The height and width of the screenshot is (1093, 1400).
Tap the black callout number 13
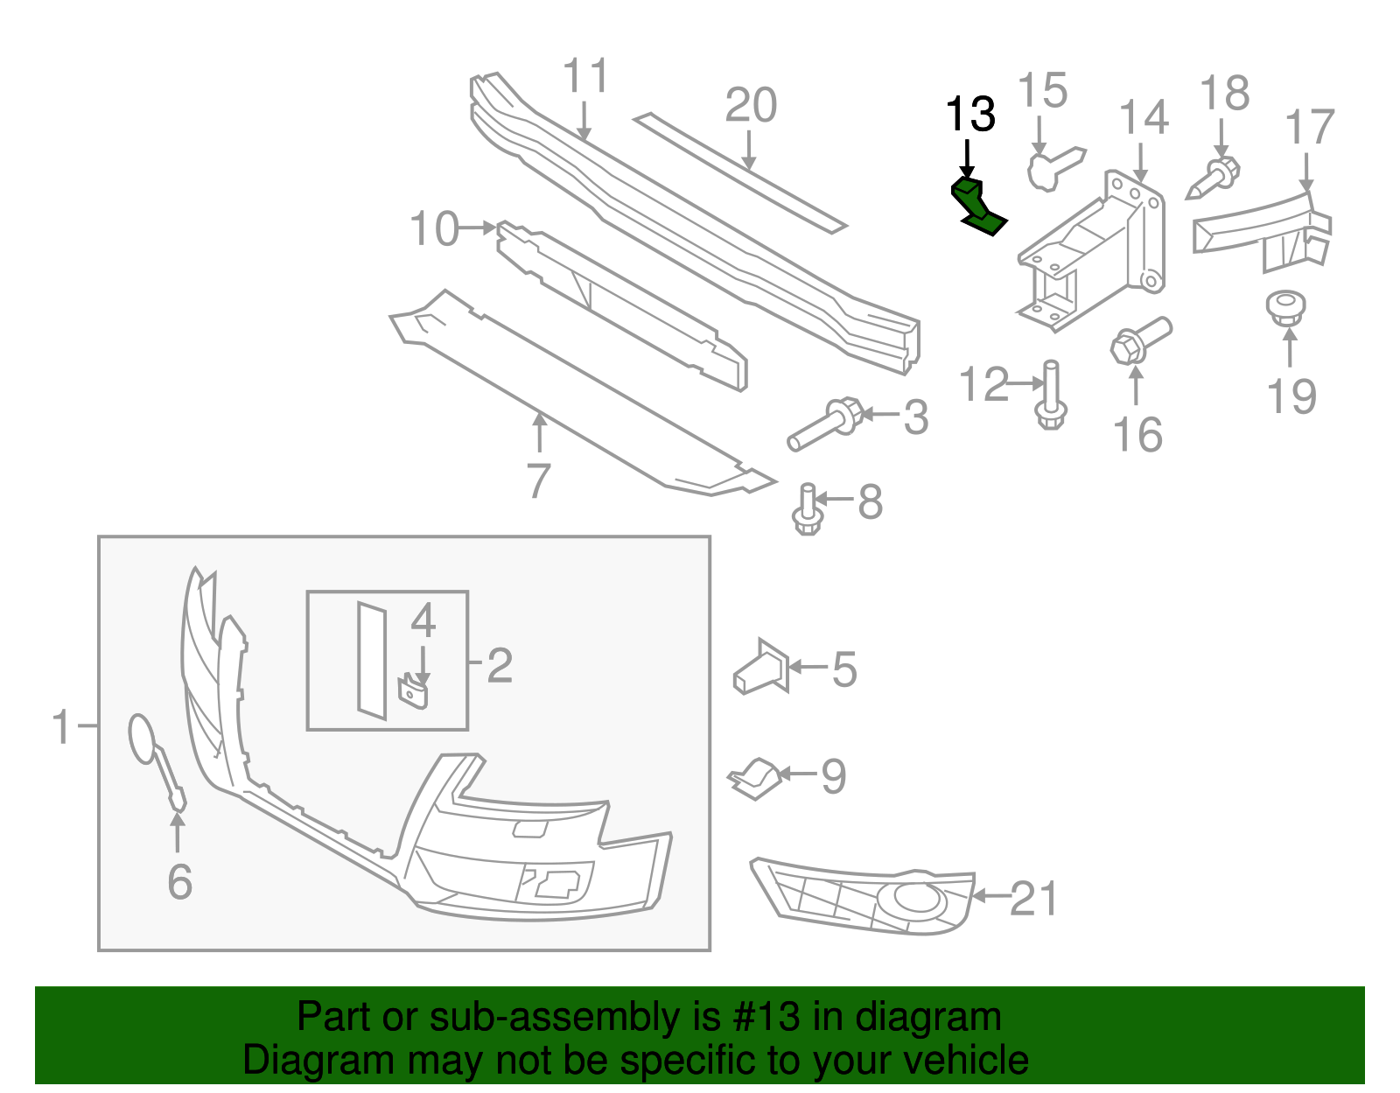pos(970,115)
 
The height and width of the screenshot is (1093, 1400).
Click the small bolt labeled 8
pos(807,510)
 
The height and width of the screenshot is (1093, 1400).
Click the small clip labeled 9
pos(755,777)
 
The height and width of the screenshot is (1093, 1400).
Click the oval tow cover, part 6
pos(143,738)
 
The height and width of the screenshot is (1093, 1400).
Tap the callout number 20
pos(751,106)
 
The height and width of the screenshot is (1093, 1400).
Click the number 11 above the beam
pos(585,76)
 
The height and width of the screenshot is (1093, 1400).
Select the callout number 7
pos(539,481)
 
